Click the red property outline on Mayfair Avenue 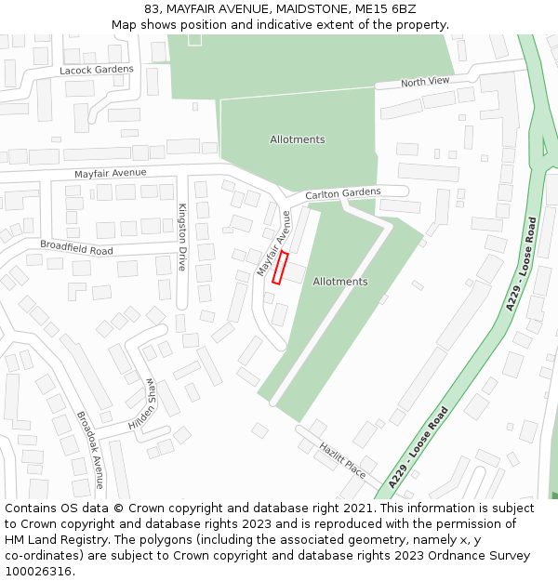tap(280, 268)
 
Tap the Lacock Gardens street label tap(97, 70)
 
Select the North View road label tap(425, 83)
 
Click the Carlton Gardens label tap(343, 193)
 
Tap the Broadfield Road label tap(76, 247)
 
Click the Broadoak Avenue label tap(90, 450)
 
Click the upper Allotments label tap(298, 139)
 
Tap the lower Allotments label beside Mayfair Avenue tap(340, 282)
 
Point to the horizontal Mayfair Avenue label tap(111, 173)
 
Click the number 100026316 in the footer tap(37, 571)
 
